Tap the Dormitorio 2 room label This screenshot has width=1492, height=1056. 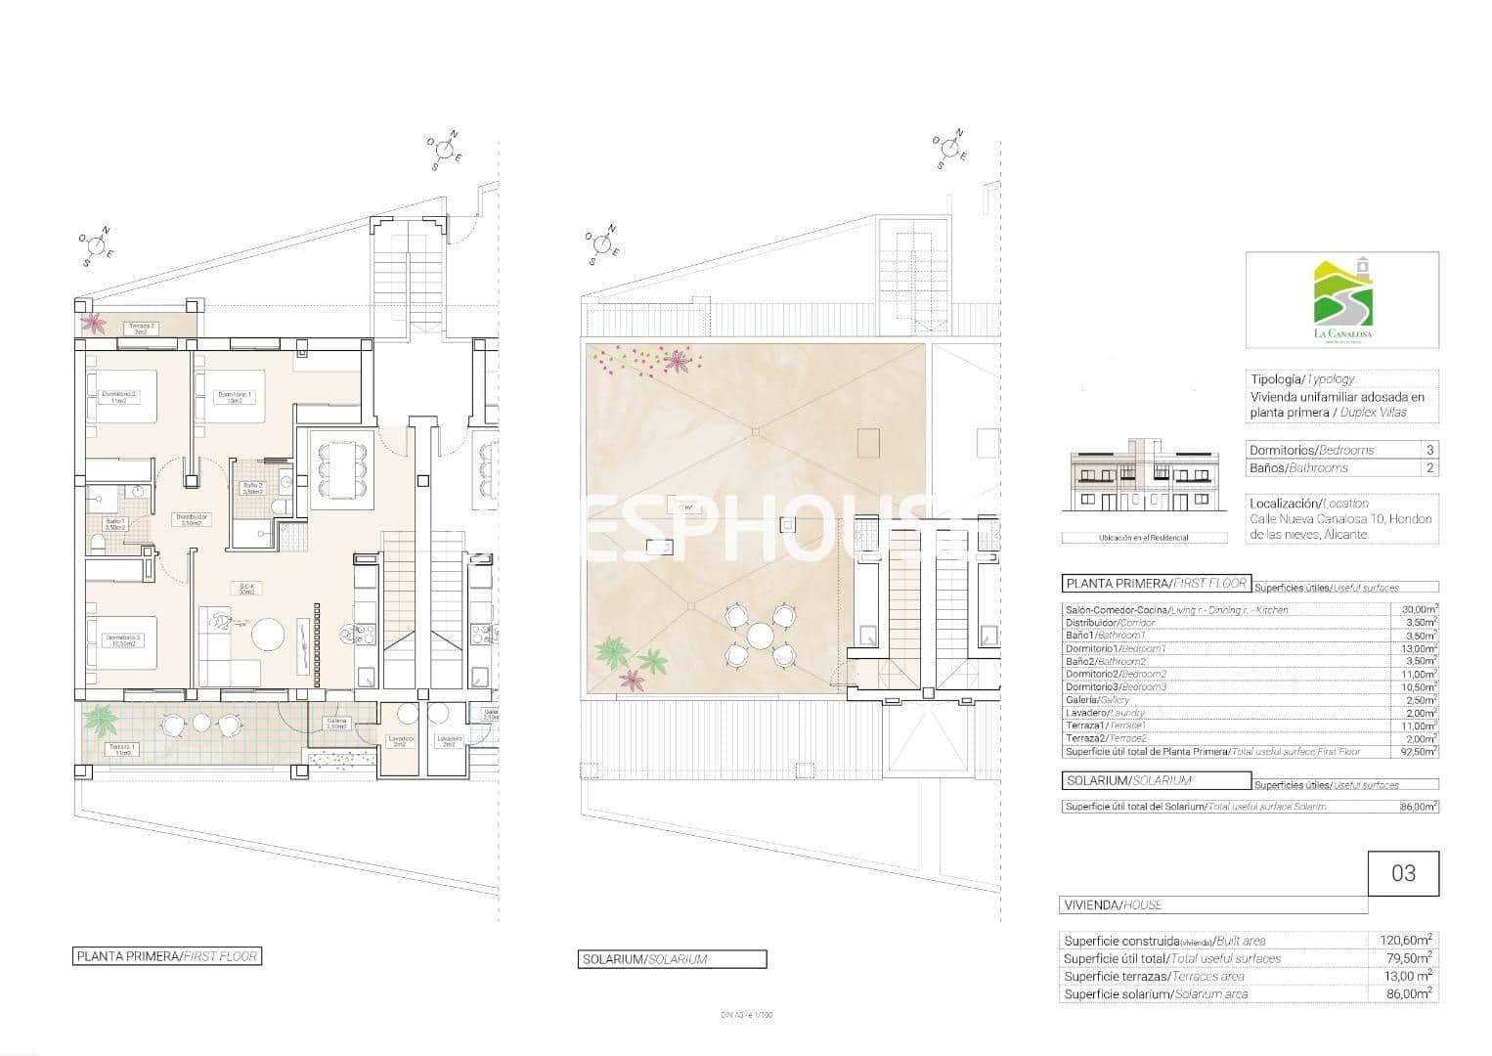tap(120, 397)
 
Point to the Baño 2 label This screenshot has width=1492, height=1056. tap(252, 488)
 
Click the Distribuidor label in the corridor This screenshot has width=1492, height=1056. tap(191, 519)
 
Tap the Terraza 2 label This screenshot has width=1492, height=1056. tap(141, 329)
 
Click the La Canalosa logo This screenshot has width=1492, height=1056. tap(1341, 300)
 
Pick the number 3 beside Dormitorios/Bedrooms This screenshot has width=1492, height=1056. tap(1429, 450)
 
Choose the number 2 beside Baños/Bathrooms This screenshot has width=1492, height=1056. tap(1429, 468)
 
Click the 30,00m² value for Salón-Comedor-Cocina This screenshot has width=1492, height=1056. tap(1415, 609)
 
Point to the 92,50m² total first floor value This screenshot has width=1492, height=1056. tap(1415, 752)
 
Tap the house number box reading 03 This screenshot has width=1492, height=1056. tap(1403, 872)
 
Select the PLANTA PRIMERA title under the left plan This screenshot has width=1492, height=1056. tap(167, 956)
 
